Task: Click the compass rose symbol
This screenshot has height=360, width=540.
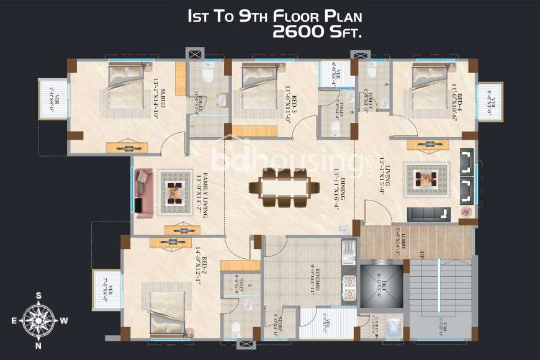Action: [38, 320]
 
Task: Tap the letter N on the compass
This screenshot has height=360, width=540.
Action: [38, 345]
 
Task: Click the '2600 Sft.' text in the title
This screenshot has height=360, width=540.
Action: [317, 32]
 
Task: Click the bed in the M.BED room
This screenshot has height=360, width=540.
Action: [126, 88]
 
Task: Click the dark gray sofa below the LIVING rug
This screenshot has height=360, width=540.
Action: [429, 214]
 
